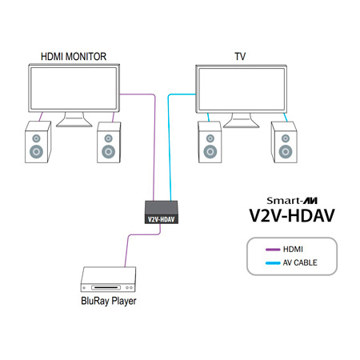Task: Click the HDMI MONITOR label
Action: [74, 57]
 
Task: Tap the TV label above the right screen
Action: [240, 57]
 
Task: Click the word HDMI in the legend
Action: [282, 249]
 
